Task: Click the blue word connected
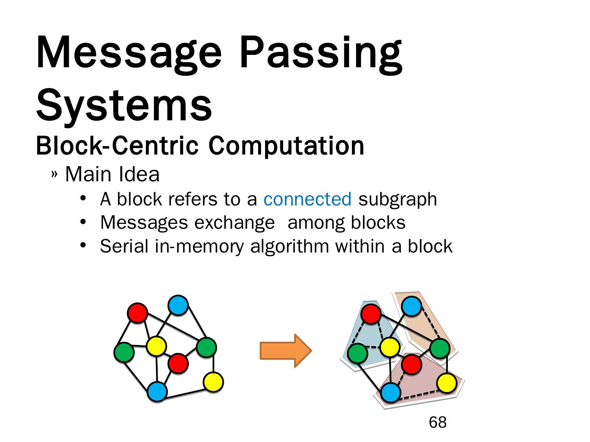tap(307, 199)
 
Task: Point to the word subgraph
tap(397, 200)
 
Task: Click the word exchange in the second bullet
tap(234, 223)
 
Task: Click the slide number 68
tap(438, 422)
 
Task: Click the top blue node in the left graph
tap(178, 305)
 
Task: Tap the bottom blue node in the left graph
tap(157, 392)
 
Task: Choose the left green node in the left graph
tap(124, 352)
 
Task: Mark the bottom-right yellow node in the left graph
tap(213, 382)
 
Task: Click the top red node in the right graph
tap(371, 314)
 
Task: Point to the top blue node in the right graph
tap(412, 306)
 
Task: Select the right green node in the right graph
tap(440, 349)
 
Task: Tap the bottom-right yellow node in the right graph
tap(447, 383)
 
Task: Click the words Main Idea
tap(112, 174)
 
